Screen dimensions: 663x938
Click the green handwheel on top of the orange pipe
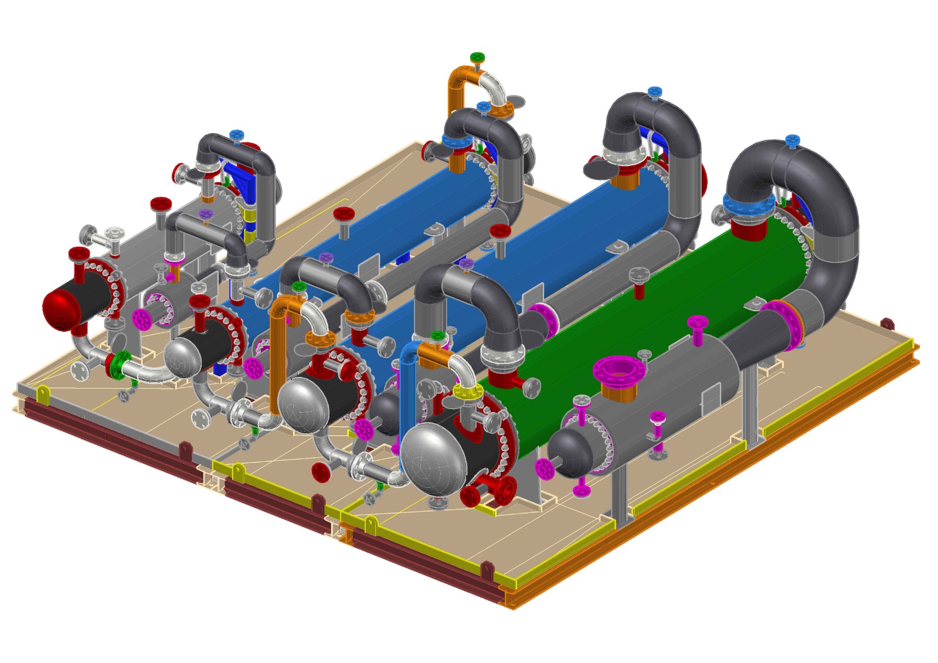coord(477,57)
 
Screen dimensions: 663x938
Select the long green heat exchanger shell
coord(645,305)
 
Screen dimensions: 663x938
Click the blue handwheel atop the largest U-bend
coord(792,140)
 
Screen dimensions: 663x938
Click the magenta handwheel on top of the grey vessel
coord(697,322)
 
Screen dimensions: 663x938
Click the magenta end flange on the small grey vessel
coord(545,469)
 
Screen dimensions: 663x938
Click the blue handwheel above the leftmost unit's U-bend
coord(236,135)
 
